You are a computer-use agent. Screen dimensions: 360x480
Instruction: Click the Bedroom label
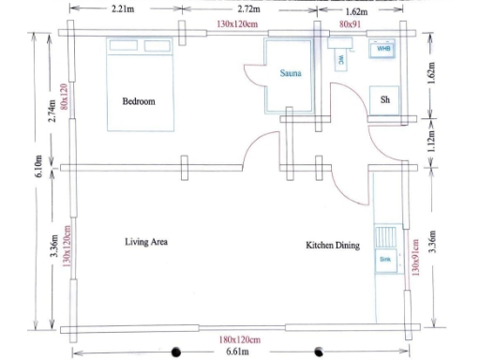(x=138, y=100)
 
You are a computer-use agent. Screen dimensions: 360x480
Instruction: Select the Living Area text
(x=146, y=242)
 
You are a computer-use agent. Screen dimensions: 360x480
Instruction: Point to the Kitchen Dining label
(x=333, y=245)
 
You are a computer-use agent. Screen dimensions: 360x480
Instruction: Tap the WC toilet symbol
(x=340, y=57)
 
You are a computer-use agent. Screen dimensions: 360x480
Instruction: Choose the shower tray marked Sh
(x=385, y=98)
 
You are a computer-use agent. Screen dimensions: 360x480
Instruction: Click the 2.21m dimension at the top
(x=121, y=9)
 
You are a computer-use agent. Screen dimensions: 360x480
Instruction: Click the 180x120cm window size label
(x=239, y=338)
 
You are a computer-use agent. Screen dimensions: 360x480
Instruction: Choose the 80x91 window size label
(x=352, y=22)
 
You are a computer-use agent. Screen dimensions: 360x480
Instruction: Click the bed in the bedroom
(x=141, y=85)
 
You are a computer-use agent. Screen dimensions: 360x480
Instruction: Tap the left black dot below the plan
(x=175, y=352)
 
